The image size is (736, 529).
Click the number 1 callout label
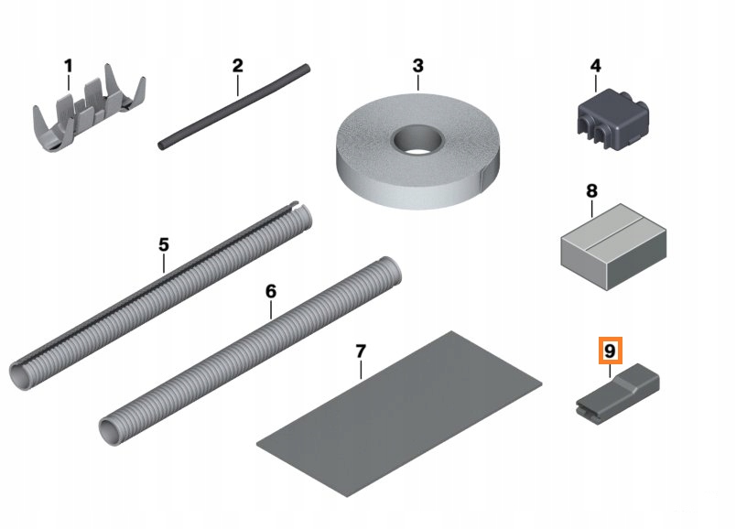pyautogui.click(x=69, y=66)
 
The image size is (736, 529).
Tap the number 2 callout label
pyautogui.click(x=237, y=65)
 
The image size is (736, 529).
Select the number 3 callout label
pyautogui.click(x=417, y=66)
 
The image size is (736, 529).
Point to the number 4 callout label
pyautogui.click(x=595, y=66)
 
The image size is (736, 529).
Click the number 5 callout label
pyautogui.click(x=163, y=244)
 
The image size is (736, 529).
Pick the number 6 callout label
pyautogui.click(x=271, y=291)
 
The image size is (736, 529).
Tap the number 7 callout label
pyautogui.click(x=361, y=351)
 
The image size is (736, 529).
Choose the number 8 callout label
pyautogui.click(x=591, y=191)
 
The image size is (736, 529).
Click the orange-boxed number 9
pyautogui.click(x=610, y=351)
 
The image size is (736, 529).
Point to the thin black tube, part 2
pyautogui.click(x=234, y=107)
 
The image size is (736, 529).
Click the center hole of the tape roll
pyautogui.click(x=417, y=139)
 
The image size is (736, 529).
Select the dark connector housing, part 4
pyautogui.click(x=612, y=119)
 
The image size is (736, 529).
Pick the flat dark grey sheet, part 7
pyautogui.click(x=399, y=414)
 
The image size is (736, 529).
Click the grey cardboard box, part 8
pyautogui.click(x=613, y=247)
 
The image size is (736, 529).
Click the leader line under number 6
pyautogui.click(x=271, y=309)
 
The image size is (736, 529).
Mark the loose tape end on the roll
pyautogui.click(x=487, y=179)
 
